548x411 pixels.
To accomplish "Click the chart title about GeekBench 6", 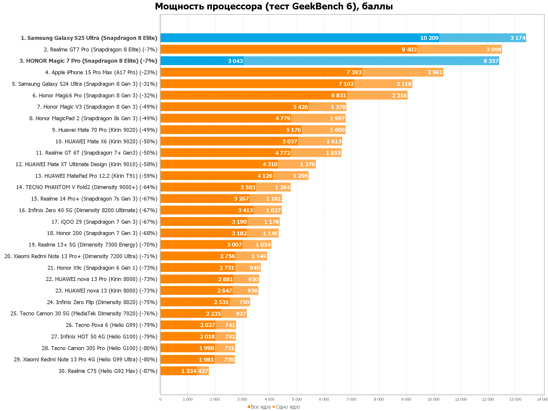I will (274, 6).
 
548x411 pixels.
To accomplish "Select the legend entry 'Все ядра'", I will (261, 407).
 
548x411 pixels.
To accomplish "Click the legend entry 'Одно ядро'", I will (288, 407).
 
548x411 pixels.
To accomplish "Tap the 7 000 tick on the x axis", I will (351, 399).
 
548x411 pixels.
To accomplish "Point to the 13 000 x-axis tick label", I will (515, 399).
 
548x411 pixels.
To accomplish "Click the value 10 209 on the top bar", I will (429, 38).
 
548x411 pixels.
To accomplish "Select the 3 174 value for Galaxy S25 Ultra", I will (518, 38).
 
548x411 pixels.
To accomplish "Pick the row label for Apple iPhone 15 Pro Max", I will (101, 72).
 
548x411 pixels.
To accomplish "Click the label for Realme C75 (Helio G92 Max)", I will (108, 371).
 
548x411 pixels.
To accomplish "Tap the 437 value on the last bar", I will (203, 371).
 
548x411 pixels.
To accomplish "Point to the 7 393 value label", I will (354, 72).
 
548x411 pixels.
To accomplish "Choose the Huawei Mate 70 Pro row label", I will (104, 130).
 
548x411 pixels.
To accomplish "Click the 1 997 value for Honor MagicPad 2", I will (337, 118).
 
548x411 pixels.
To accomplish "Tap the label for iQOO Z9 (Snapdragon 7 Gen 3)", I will (104, 222).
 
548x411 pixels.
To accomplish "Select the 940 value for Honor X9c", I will (255, 268).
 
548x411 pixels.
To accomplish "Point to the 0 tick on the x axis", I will (160, 399).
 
